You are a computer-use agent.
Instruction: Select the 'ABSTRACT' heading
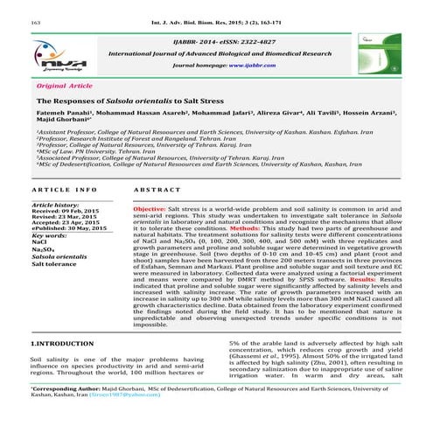(154, 190)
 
